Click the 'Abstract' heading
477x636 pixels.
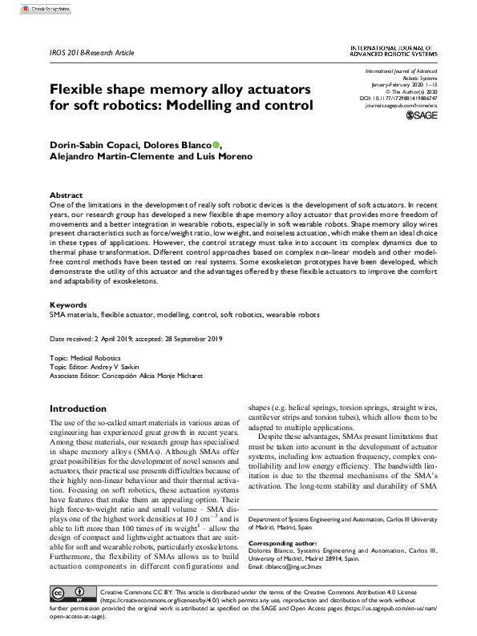point(66,195)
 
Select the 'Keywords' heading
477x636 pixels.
point(68,305)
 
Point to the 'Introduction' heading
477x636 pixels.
point(78,408)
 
